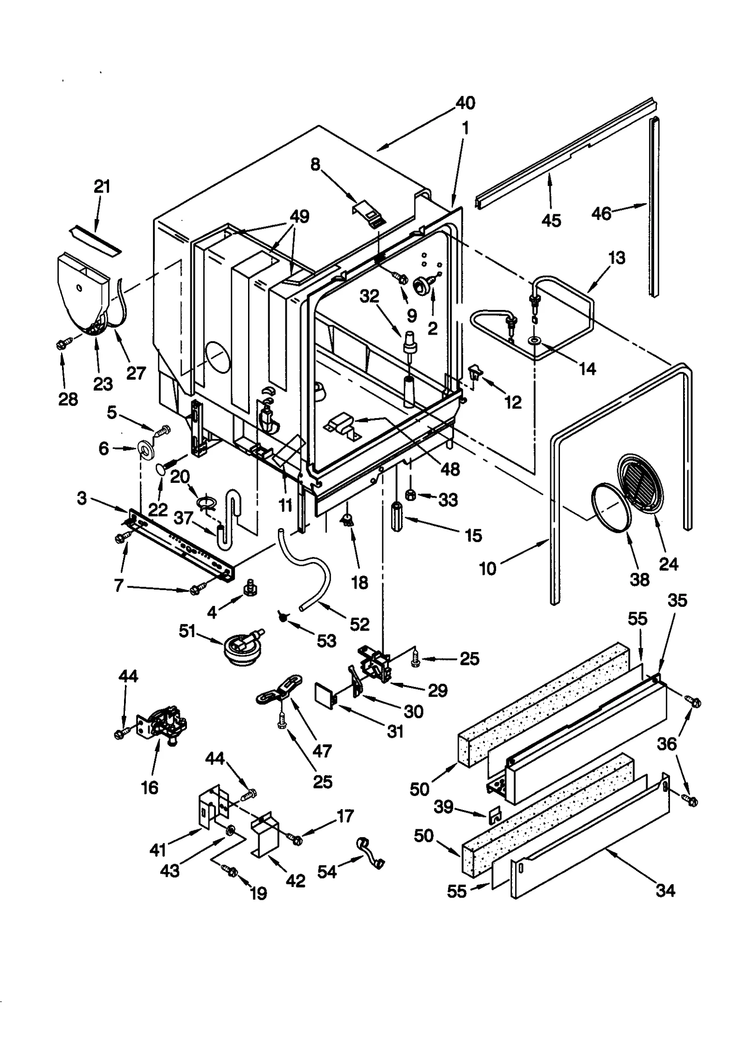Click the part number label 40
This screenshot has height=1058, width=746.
pyautogui.click(x=465, y=103)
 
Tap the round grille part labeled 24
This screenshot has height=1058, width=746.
pyautogui.click(x=640, y=485)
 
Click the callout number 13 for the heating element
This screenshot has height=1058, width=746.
pyautogui.click(x=616, y=258)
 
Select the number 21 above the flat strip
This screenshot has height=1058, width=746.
pyautogui.click(x=102, y=186)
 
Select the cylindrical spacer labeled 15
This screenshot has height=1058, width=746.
pyautogui.click(x=397, y=513)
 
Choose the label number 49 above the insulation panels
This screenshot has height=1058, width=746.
pyautogui.click(x=299, y=217)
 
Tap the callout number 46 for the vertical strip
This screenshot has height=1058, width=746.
pyautogui.click(x=601, y=213)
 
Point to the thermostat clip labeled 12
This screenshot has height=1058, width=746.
pyautogui.click(x=475, y=372)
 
